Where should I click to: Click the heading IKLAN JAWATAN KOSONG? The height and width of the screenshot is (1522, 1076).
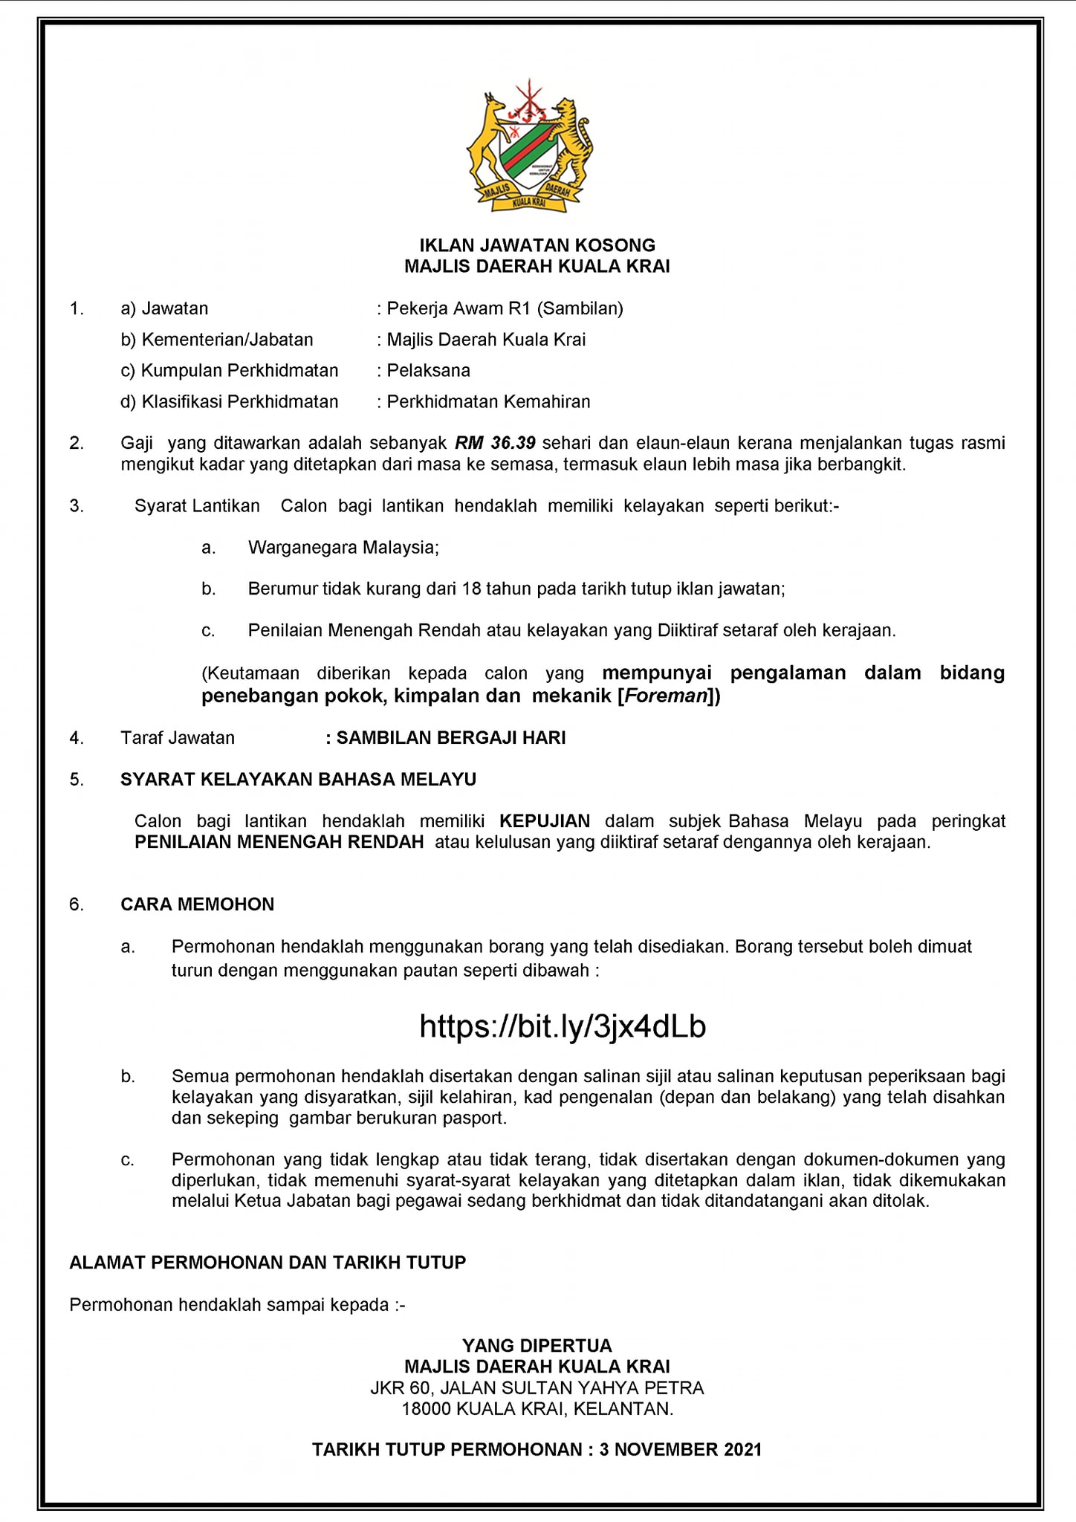(537, 245)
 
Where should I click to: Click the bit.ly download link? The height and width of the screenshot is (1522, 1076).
(563, 1026)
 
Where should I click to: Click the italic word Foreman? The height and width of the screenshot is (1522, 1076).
(665, 697)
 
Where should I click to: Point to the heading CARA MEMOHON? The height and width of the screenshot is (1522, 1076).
(197, 904)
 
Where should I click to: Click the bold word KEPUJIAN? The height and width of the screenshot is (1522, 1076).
(545, 821)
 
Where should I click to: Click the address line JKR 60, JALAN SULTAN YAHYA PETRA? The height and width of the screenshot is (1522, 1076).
(537, 1387)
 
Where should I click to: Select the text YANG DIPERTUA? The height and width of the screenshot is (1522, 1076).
(537, 1346)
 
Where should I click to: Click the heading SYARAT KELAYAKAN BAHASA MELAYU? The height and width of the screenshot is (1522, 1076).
(298, 780)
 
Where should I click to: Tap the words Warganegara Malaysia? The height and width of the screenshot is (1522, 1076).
(343, 548)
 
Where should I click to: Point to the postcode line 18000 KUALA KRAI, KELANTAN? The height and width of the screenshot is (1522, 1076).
(537, 1408)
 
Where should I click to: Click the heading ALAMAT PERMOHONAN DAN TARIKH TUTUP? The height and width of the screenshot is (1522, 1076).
(268, 1263)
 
